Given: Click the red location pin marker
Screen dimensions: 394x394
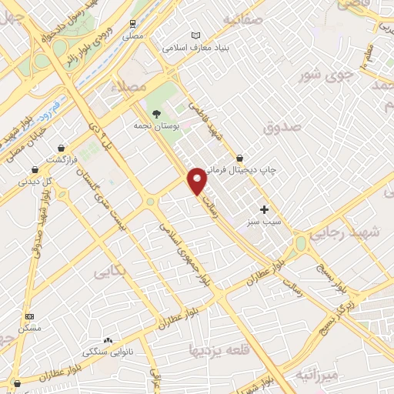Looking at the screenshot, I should pos(198,180).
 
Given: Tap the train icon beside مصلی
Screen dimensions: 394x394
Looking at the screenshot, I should pos(132,23).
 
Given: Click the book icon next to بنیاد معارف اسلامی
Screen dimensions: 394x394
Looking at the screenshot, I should pos(195,35).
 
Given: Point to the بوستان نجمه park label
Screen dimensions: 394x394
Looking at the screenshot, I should pos(156,125).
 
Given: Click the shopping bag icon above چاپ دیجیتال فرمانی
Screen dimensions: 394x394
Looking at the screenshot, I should pos(240,157).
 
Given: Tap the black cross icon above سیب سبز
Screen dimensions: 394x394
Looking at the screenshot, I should pos(264,209).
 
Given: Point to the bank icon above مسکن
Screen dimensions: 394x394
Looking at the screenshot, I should pos(30,316).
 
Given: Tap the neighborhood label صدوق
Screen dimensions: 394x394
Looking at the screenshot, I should pos(279,129).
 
